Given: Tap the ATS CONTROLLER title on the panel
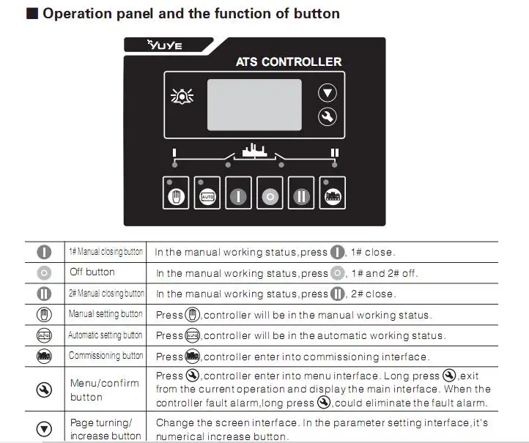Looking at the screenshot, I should click(289, 62).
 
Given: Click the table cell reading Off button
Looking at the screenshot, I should click(92, 272).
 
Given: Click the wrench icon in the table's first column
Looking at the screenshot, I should click(44, 390).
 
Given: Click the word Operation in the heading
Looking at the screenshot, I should click(77, 14).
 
